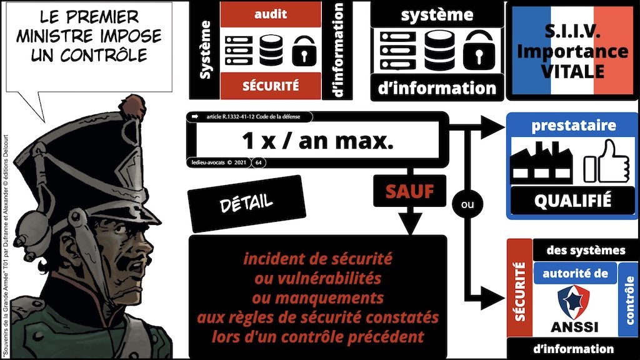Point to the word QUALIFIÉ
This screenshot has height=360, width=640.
[x=572, y=201]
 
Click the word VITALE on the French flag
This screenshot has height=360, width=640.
[x=573, y=71]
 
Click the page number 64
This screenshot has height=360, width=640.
[x=259, y=162]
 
